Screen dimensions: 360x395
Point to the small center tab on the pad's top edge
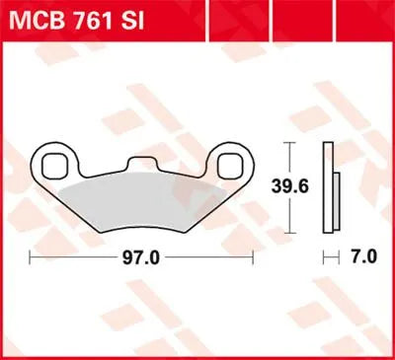coord(146,160)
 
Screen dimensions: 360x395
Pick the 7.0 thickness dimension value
coord(363,255)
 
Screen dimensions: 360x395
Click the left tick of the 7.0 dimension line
coord(326,255)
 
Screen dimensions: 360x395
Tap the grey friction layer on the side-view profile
coord(335,196)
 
